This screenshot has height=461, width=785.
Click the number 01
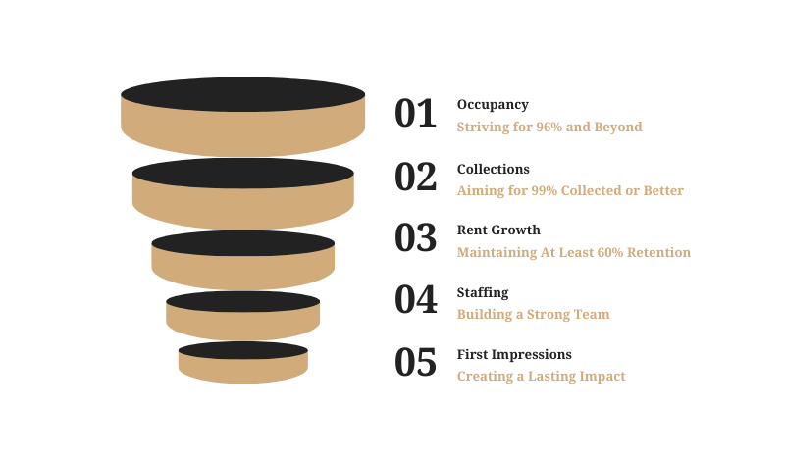tap(415, 114)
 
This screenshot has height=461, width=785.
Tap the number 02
tap(415, 177)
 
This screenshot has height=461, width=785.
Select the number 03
tap(415, 238)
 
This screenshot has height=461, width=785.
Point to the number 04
tap(415, 300)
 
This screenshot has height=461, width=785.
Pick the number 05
tap(415, 363)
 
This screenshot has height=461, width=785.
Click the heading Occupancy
tap(493, 104)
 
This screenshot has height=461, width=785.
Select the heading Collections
tap(494, 169)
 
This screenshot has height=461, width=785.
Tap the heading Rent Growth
tap(498, 230)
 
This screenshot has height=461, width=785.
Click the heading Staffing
tap(483, 292)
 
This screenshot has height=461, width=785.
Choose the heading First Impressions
tap(514, 354)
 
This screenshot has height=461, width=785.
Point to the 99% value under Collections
tap(543, 190)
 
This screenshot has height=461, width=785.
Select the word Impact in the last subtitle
tap(605, 376)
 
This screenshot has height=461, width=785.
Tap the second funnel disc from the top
tap(243, 193)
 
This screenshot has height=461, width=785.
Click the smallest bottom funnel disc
tap(243, 362)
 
